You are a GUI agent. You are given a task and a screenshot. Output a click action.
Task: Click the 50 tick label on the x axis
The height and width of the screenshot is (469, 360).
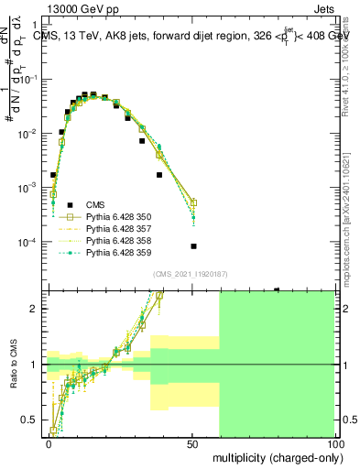[192, 442]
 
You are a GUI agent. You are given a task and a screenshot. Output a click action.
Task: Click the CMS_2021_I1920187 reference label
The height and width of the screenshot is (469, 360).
[191, 274]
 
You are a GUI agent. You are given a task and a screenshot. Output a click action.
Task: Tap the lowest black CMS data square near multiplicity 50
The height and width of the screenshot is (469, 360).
[193, 246]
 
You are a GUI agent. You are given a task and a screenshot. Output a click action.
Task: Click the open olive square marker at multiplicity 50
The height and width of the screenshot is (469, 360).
[193, 203]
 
